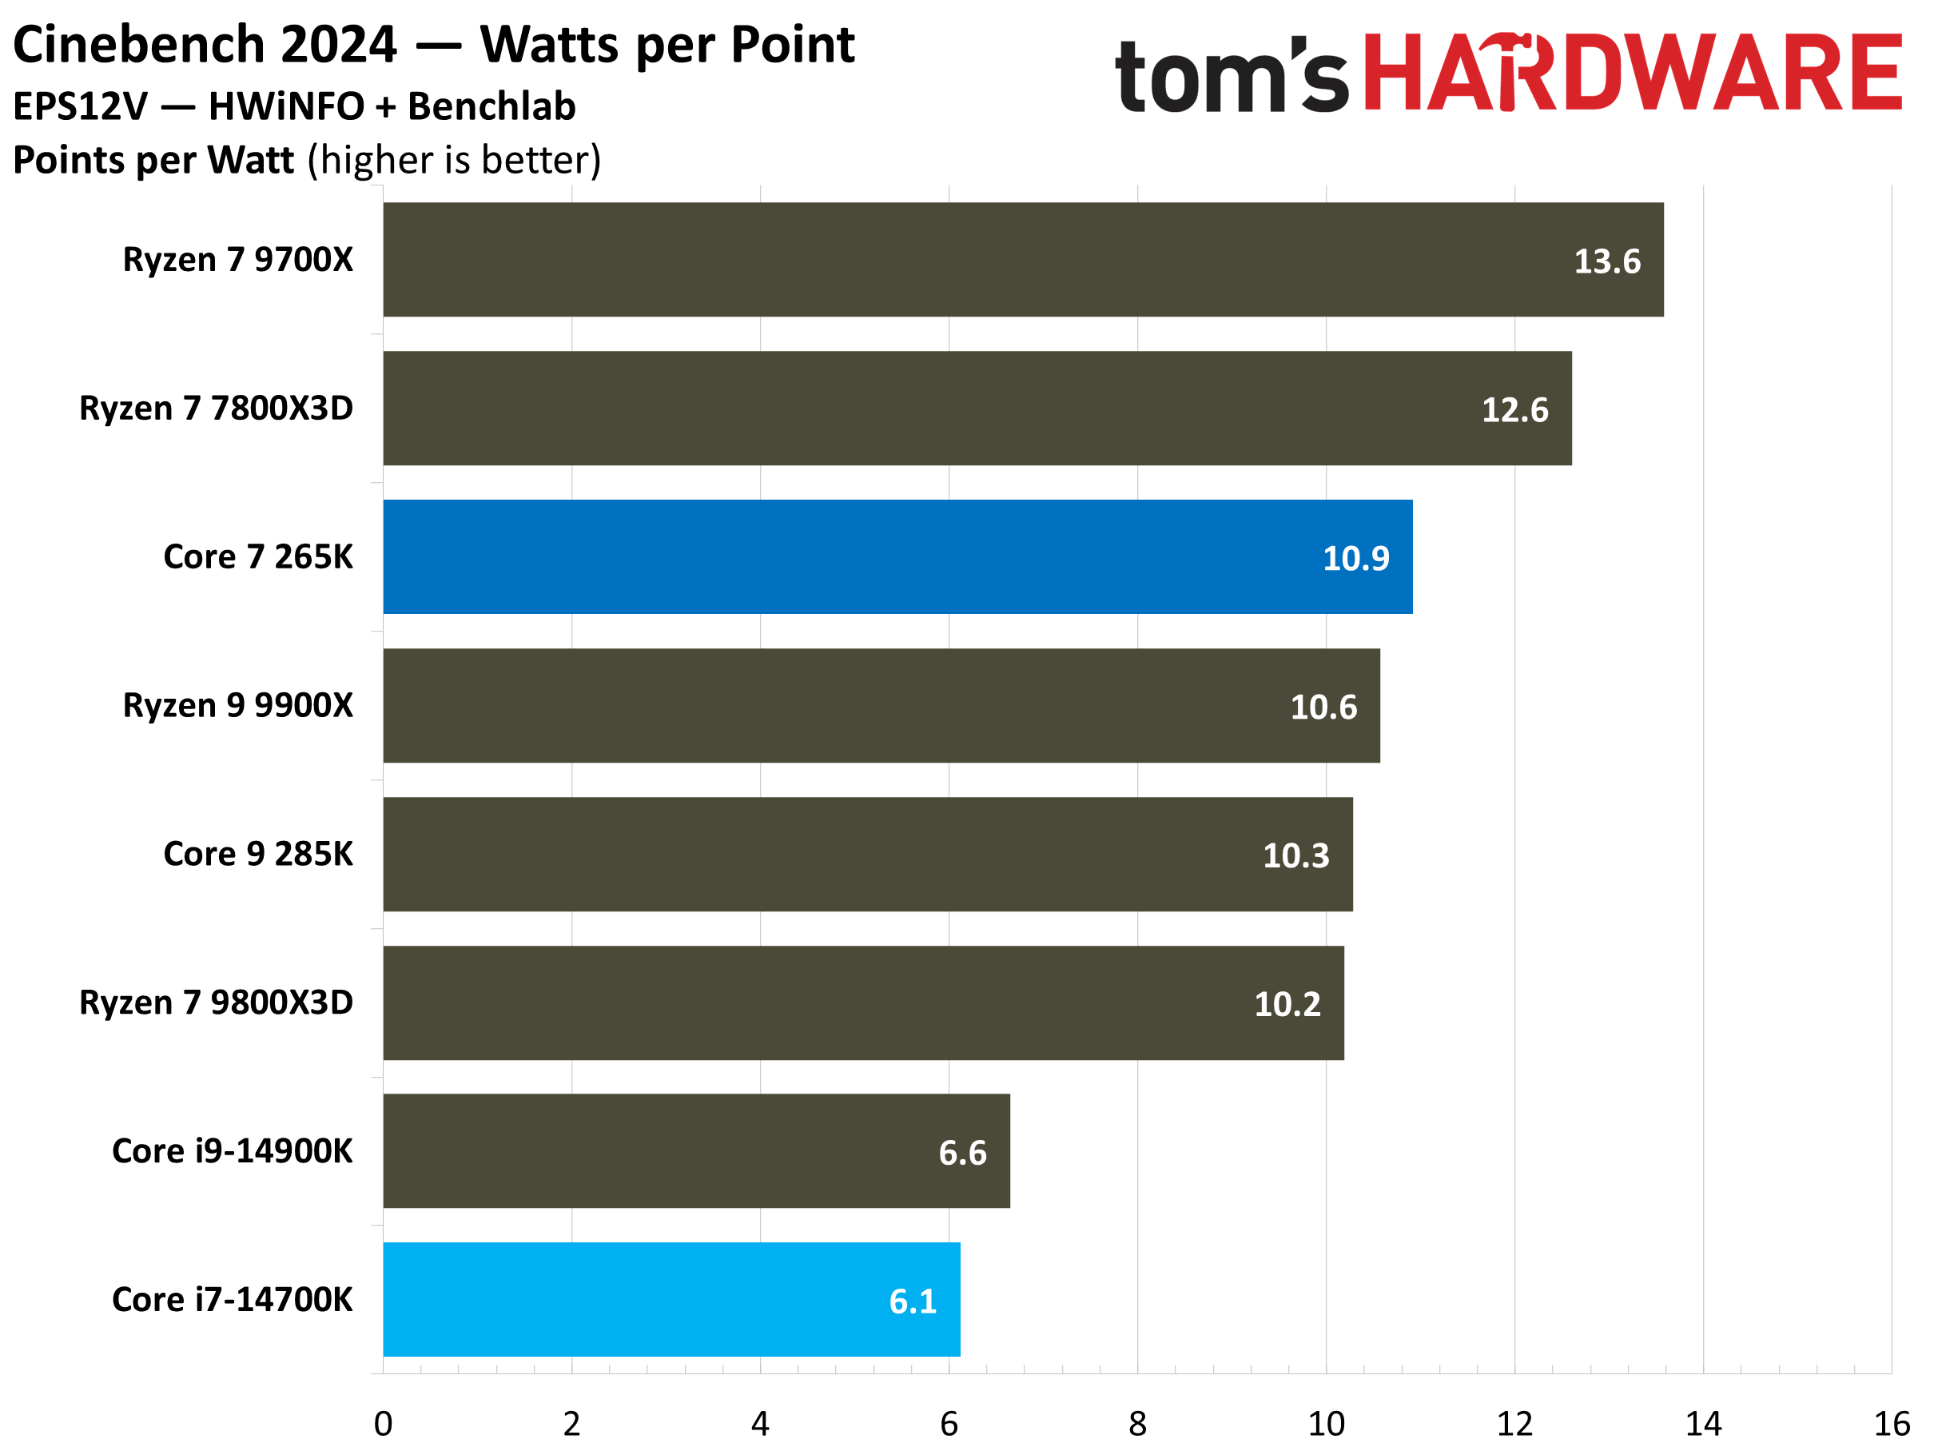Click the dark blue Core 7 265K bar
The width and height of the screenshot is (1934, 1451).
click(x=897, y=557)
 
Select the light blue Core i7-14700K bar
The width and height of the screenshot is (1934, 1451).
click(x=671, y=1300)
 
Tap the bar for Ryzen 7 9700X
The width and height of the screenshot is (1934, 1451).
click(x=1023, y=260)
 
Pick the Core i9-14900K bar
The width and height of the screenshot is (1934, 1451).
click(x=696, y=1151)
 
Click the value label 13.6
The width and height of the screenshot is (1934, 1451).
click(x=1607, y=261)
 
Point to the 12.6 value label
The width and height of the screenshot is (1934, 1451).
click(x=1514, y=410)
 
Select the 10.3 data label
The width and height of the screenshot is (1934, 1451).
click(x=1295, y=855)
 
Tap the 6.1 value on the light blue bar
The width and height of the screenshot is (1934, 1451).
click(x=913, y=1302)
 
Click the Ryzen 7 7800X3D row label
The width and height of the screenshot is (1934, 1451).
click(x=216, y=409)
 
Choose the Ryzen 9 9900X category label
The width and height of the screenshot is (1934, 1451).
click(x=238, y=705)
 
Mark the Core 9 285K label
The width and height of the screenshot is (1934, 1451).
click(x=258, y=854)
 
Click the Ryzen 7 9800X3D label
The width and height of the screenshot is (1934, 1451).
click(x=216, y=1003)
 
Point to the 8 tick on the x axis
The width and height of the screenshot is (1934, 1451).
click(x=1136, y=1424)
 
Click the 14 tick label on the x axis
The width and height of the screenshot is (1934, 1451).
click(x=1702, y=1424)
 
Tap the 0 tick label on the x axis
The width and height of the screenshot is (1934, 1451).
click(x=383, y=1424)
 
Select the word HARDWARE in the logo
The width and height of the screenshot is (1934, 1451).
click(x=1631, y=74)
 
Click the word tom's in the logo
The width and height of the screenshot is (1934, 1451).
click(x=1231, y=77)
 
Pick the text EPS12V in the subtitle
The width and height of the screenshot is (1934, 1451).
click(x=81, y=106)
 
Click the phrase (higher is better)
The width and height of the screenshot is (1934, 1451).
click(x=455, y=161)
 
